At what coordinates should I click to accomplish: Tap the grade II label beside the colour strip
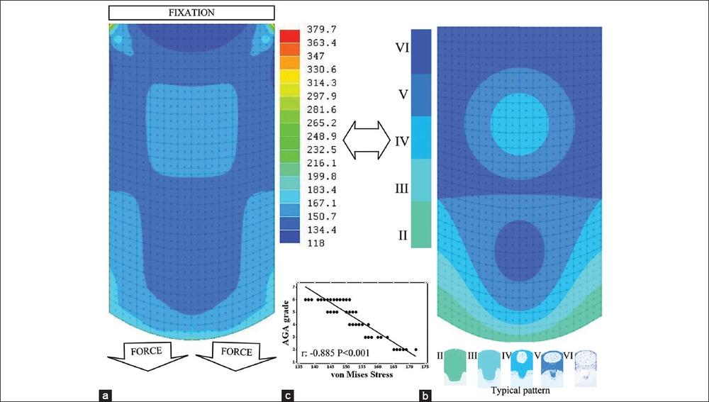pyautogui.click(x=402, y=235)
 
